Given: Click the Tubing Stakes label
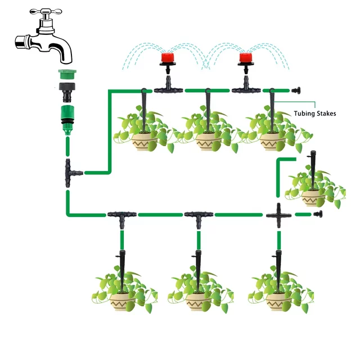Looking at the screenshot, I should (x=314, y=114).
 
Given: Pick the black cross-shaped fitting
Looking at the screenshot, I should (x=278, y=214).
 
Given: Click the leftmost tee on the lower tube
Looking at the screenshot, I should (x=121, y=215).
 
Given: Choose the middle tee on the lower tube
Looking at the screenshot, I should (x=198, y=215).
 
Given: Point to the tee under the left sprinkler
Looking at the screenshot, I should (x=165, y=88).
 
